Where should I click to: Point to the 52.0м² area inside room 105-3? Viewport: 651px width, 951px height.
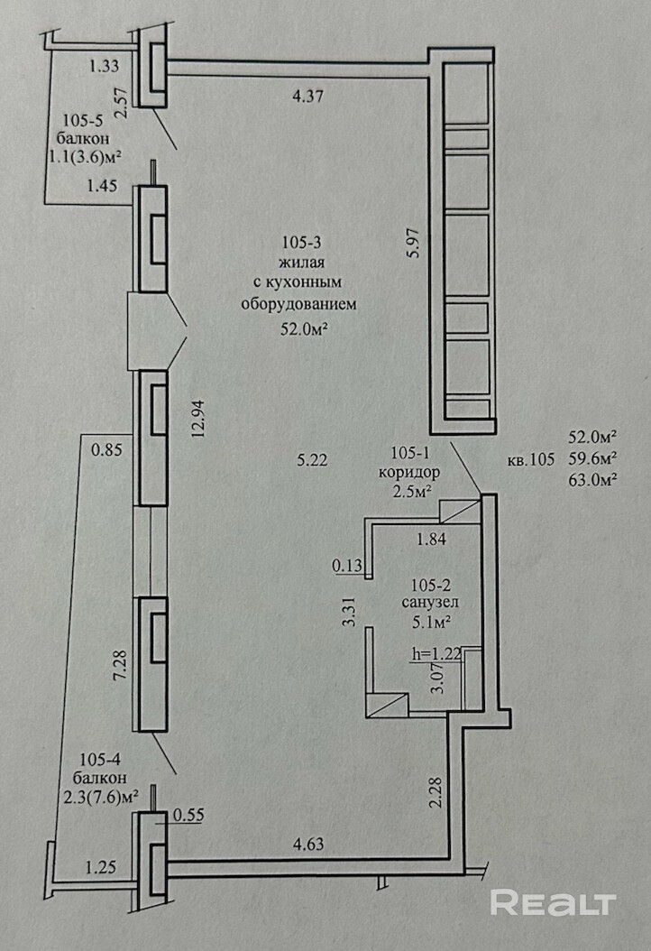[x=303, y=329]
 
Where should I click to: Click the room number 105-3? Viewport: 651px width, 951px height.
[x=298, y=242]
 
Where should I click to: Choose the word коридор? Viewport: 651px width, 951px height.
[x=416, y=472]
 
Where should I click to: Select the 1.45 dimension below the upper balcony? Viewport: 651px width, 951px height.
[x=103, y=188]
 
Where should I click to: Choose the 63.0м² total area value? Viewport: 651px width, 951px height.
[x=592, y=479]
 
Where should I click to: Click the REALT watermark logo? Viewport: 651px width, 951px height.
[x=553, y=902]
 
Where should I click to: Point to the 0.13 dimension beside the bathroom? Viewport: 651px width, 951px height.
[x=346, y=566]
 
